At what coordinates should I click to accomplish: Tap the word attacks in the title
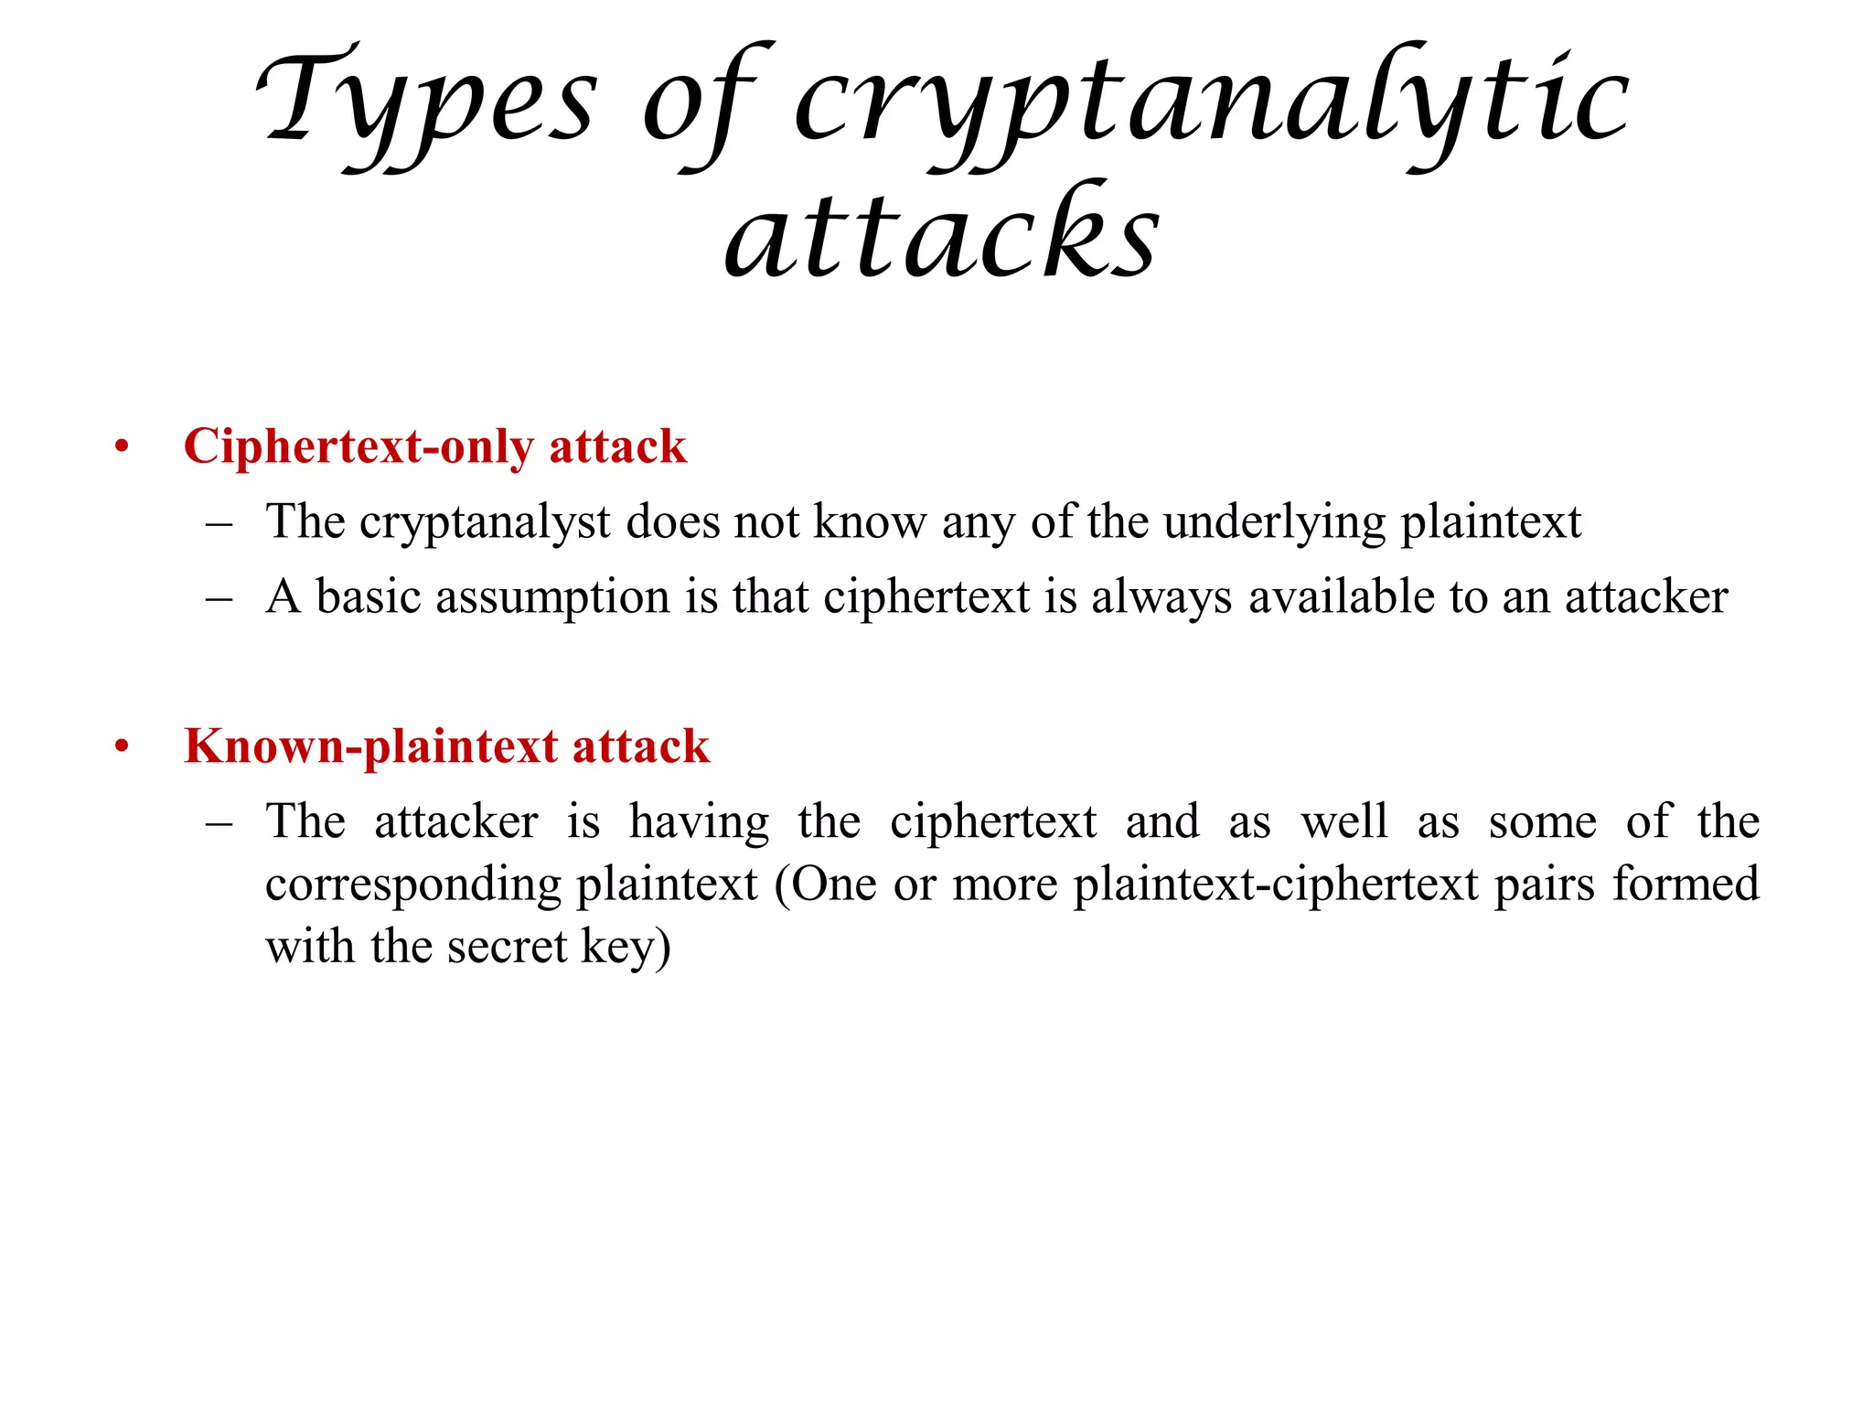942,234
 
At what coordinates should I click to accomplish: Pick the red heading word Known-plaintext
370,746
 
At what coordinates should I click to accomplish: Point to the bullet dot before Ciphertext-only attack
122,448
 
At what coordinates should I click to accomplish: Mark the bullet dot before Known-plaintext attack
122,747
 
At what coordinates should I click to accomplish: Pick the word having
700,822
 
